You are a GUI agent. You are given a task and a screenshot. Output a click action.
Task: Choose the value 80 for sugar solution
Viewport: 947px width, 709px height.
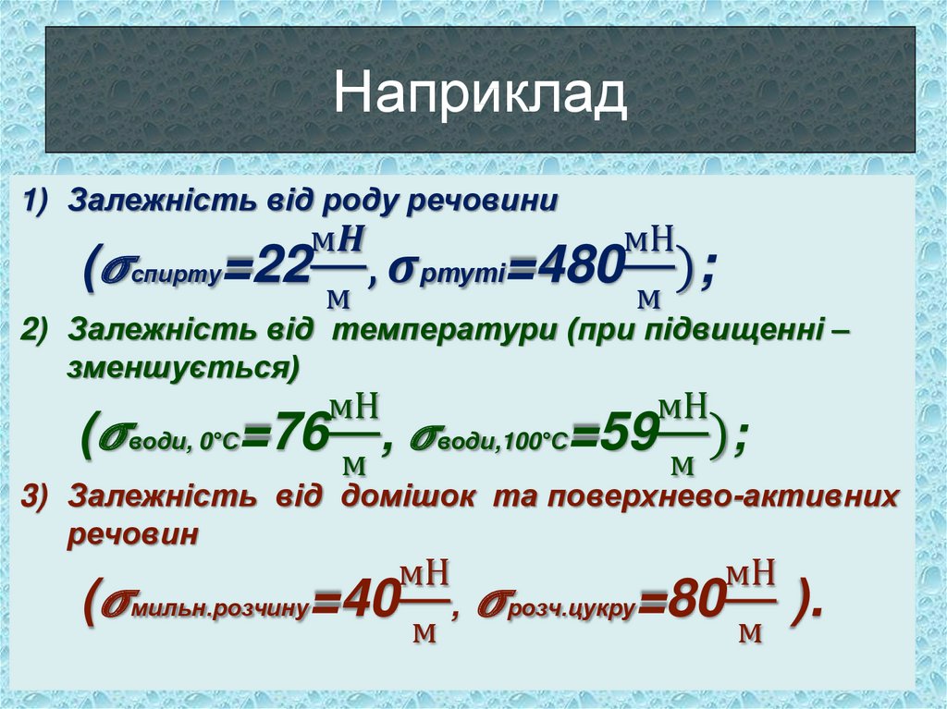pyautogui.click(x=693, y=606)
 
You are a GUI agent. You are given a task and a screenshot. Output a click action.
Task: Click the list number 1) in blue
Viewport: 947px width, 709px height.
pyautogui.click(x=42, y=201)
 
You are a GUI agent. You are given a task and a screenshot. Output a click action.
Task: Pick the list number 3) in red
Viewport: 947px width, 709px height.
pyautogui.click(x=42, y=496)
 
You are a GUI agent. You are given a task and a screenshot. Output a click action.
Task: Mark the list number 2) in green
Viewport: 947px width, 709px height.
pyautogui.click(x=42, y=330)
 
